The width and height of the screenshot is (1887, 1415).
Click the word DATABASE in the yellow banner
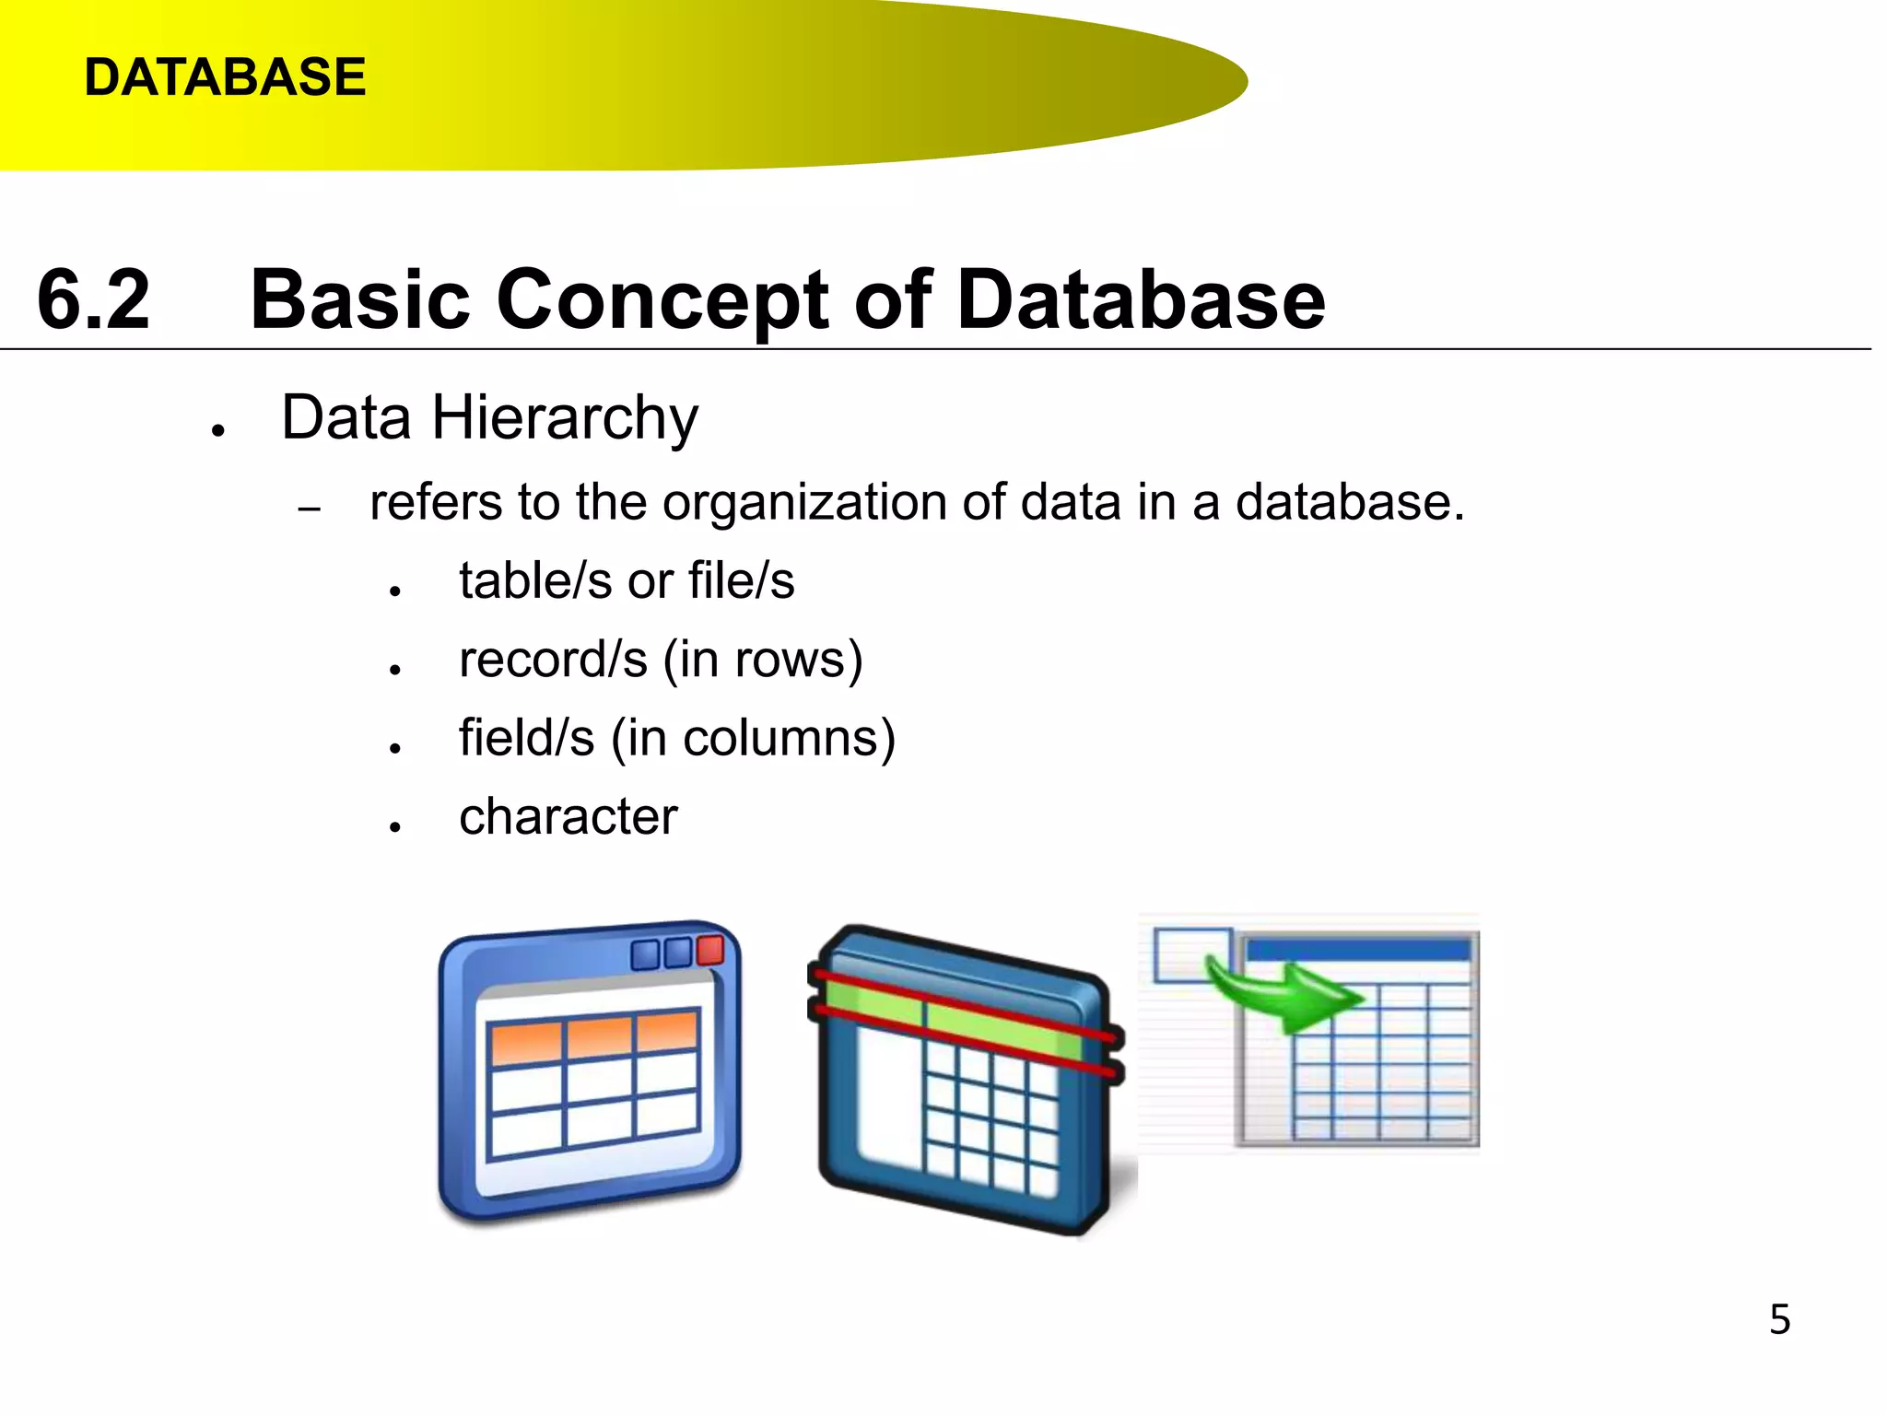click(x=225, y=76)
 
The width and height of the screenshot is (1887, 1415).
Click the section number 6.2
click(x=93, y=299)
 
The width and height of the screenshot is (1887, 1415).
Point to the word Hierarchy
click(x=565, y=419)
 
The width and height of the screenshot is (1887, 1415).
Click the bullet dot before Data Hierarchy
click(x=218, y=430)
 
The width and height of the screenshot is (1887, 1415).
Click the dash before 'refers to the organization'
click(x=310, y=509)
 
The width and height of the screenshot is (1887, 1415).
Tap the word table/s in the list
click(x=535, y=581)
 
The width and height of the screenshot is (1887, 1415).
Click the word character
click(x=568, y=817)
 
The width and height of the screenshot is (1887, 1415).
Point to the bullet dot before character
click(x=395, y=827)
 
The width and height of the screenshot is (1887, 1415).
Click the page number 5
click(x=1779, y=1319)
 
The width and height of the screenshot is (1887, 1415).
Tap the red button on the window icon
click(x=710, y=950)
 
